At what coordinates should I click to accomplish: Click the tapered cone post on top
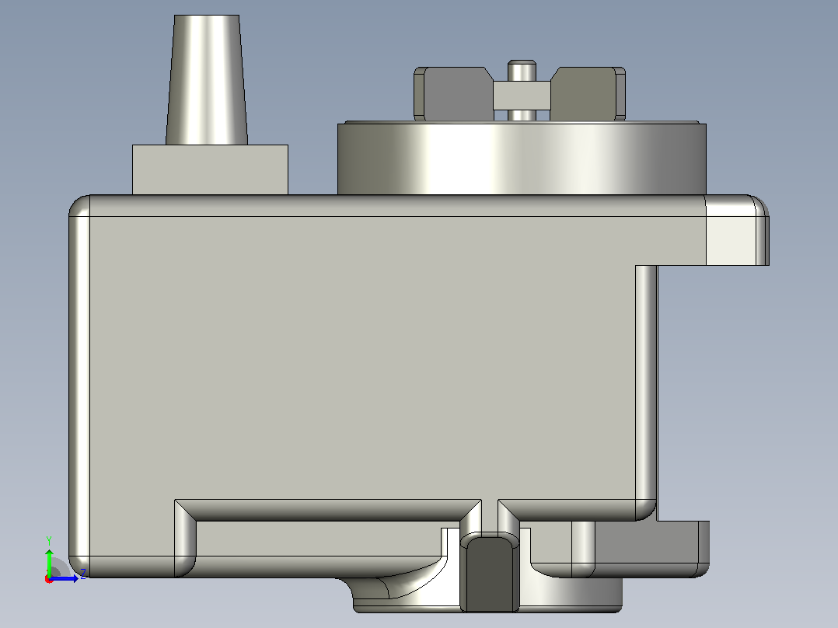[x=206, y=79]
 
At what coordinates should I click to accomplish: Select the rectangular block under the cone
[x=210, y=169]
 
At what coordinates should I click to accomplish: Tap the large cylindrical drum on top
[x=522, y=159]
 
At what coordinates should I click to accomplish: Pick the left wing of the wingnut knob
[x=453, y=93]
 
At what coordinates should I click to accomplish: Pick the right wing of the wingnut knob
[x=588, y=93]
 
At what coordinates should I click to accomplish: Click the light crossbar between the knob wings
[x=522, y=95]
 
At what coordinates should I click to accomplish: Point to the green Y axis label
[x=49, y=541]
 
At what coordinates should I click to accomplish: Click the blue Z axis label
[x=83, y=574]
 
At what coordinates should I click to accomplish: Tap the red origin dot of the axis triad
[x=49, y=579]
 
